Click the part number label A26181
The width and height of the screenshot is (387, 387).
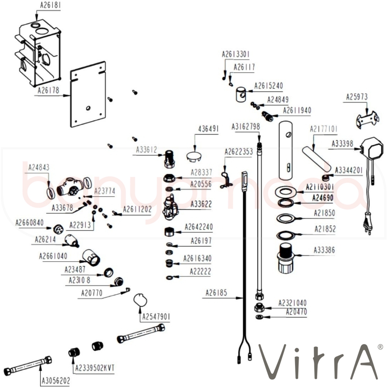(x=50, y=5)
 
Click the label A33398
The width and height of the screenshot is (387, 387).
(x=342, y=144)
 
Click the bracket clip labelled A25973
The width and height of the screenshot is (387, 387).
(x=366, y=119)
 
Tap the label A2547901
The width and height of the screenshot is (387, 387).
(x=156, y=317)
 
